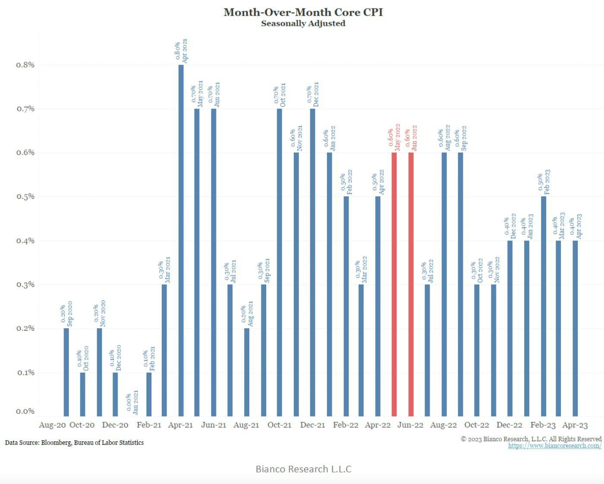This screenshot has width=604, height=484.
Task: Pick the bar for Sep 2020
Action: pos(66,372)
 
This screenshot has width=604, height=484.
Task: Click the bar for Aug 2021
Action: pos(247,372)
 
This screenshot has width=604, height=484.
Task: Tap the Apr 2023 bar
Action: pos(575,328)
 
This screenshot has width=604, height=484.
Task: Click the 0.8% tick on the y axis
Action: pos(25,65)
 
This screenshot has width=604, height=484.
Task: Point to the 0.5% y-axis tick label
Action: pos(25,197)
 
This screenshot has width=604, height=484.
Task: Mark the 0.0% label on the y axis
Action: pos(25,412)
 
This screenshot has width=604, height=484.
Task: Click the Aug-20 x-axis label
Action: pos(52,425)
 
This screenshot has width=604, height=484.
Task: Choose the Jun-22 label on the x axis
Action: pos(410,425)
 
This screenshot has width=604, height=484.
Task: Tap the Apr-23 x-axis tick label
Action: pos(575,425)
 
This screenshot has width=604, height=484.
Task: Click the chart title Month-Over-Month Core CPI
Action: pos(303,12)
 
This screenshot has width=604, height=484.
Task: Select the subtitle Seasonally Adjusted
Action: pos(303,23)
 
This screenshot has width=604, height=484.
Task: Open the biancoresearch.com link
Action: pos(554,446)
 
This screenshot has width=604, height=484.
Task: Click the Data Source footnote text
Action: pos(74,443)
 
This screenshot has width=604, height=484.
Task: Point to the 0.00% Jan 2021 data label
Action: pos(132,402)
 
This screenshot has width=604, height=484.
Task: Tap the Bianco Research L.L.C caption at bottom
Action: pos(303,469)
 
